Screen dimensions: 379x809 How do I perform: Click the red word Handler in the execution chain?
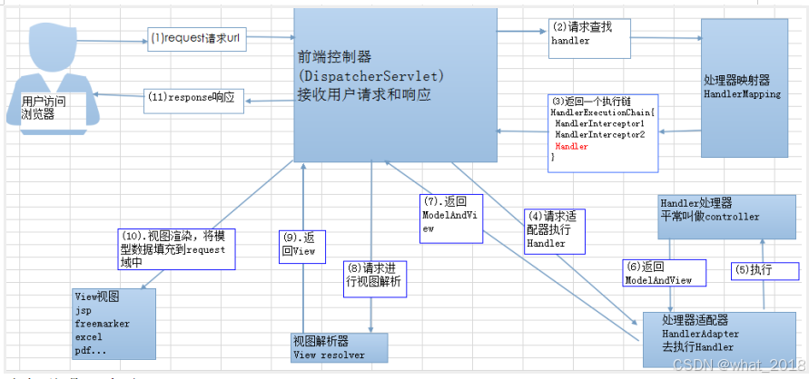tap(571, 146)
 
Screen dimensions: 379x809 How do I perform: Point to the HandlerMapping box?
tap(747, 87)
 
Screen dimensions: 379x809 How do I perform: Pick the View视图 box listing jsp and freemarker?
tap(113, 323)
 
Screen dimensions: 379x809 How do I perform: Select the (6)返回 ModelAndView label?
tap(659, 273)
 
